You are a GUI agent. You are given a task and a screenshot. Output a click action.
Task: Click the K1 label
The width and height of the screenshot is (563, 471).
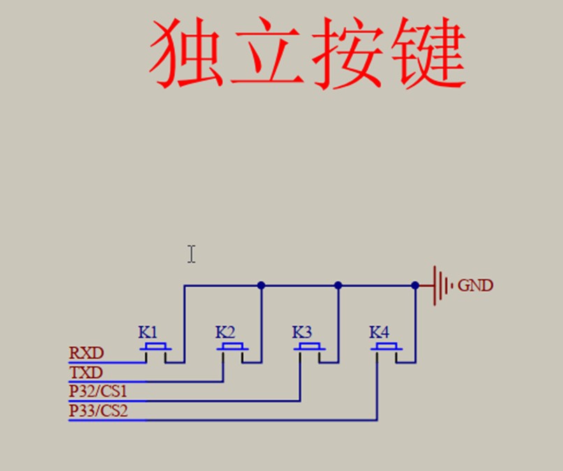point(148,331)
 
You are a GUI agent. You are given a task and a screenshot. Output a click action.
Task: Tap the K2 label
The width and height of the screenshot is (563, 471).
point(225,331)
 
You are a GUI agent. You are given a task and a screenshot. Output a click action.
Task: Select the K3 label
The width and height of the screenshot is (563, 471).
point(302,331)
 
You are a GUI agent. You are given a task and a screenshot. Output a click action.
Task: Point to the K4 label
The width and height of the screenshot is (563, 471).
point(379,331)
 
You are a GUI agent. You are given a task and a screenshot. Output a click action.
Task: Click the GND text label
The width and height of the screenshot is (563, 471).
point(476,285)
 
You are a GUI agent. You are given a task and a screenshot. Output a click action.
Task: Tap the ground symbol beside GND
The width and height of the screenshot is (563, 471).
point(440,285)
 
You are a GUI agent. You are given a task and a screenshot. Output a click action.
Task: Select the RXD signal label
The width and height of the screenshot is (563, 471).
point(87,353)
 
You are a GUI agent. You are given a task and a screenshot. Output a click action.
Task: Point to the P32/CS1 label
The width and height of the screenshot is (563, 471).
point(98,391)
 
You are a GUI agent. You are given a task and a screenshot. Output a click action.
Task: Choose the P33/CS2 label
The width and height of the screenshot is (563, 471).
point(98,411)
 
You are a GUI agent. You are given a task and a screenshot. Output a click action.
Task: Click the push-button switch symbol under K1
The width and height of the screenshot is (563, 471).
point(156,348)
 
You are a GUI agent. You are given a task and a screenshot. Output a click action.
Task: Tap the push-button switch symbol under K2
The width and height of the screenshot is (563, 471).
point(233,348)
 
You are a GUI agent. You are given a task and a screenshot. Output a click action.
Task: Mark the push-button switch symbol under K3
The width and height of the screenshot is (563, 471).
point(310,348)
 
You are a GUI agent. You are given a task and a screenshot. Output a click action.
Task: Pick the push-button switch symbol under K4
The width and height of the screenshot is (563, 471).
point(387,348)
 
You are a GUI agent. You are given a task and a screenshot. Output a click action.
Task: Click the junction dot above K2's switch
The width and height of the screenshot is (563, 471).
point(261,285)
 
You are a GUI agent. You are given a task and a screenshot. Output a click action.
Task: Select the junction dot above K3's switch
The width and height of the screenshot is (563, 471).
point(338,285)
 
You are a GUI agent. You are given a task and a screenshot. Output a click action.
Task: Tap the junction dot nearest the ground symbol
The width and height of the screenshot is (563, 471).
point(415,285)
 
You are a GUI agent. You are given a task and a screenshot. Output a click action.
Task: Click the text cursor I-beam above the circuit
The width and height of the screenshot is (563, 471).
point(191,254)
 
